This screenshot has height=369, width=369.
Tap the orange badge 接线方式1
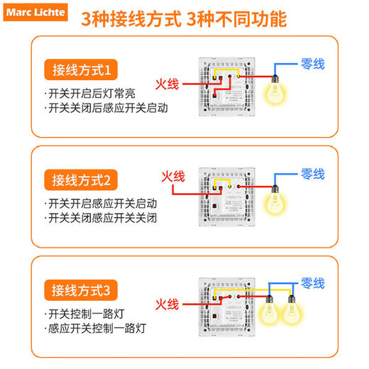coord(82,70)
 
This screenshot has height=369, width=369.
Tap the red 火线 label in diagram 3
coord(167,304)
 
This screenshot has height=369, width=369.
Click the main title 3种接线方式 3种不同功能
coord(184,18)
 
